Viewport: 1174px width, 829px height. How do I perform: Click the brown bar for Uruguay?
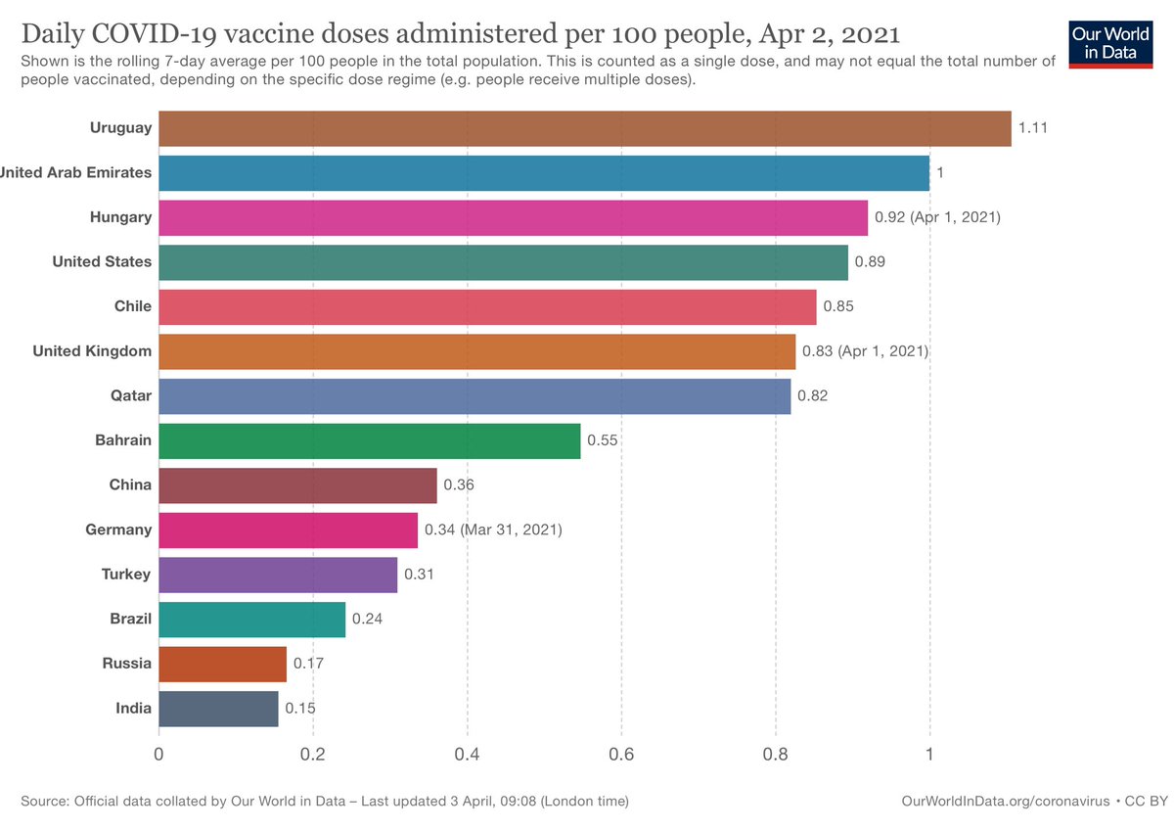tap(585, 128)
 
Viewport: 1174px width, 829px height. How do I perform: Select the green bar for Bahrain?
tap(370, 441)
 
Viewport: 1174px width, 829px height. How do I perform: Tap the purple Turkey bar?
tap(278, 575)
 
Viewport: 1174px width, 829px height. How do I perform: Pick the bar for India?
tap(218, 709)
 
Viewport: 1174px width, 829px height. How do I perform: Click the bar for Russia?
tap(223, 665)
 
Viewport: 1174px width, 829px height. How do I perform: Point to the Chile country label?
tap(133, 306)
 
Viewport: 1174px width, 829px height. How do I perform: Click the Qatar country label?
tap(130, 395)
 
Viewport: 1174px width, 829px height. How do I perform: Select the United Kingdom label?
tap(92, 351)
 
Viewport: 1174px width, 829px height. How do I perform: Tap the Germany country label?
tap(118, 530)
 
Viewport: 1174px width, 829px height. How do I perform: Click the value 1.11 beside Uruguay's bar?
tap(1032, 128)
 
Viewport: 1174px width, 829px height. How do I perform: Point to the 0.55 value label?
tap(603, 440)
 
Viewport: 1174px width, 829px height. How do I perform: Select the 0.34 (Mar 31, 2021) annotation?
tap(493, 530)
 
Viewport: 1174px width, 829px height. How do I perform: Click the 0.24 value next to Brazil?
tap(367, 619)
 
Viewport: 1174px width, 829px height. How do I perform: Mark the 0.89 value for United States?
tap(870, 261)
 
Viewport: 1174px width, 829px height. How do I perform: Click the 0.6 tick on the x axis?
tap(621, 755)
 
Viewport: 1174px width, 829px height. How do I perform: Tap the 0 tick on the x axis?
tap(158, 755)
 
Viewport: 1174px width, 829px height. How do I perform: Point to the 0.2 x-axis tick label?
tap(312, 755)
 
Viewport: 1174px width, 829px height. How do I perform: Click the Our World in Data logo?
tap(1110, 44)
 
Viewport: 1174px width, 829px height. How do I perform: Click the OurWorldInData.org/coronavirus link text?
tap(1006, 802)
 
